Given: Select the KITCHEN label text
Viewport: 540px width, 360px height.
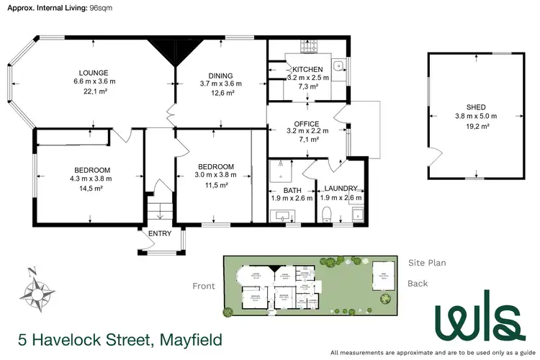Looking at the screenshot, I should (x=307, y=69).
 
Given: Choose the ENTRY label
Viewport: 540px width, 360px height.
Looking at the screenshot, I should (x=160, y=233).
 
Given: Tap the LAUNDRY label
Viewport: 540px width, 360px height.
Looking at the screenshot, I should (x=340, y=189).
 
